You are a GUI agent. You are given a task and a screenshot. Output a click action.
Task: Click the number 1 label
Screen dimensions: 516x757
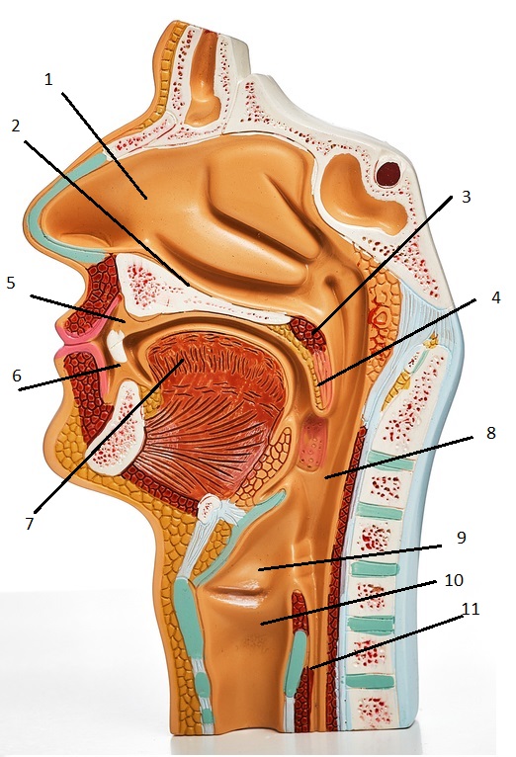tap(47, 79)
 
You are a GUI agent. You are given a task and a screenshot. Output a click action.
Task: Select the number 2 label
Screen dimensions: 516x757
tap(16, 126)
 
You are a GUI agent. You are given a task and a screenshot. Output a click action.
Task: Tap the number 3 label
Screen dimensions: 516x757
tap(466, 197)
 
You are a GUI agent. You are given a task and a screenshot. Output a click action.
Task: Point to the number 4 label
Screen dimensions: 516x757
tap(495, 297)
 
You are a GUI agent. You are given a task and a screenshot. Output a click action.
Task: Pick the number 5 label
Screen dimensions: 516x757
tap(11, 283)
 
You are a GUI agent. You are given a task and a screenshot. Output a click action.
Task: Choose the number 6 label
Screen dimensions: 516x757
tap(17, 376)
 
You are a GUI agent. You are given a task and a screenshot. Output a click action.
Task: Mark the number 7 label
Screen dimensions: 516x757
tap(30, 524)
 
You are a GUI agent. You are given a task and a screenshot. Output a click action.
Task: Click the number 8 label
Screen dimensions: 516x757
tap(490, 433)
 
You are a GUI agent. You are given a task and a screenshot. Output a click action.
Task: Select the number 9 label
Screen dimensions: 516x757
tap(461, 538)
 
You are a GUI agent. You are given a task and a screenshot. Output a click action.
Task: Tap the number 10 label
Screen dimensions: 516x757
tap(454, 580)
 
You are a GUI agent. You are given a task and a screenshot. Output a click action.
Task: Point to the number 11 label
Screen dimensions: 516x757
tap(471, 610)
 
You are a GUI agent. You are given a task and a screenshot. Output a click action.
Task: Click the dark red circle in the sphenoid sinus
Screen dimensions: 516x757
tap(388, 174)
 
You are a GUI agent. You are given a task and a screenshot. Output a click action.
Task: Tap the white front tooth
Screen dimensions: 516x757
tap(117, 346)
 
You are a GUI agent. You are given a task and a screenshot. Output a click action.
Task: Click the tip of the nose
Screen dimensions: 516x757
tap(31, 212)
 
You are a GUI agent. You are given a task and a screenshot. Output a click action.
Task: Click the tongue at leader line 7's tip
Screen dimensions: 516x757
tap(183, 360)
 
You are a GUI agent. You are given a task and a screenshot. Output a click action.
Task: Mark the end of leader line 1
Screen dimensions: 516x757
tap(146, 197)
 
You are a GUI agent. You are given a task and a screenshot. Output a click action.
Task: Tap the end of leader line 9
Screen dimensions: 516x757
tap(259, 569)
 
